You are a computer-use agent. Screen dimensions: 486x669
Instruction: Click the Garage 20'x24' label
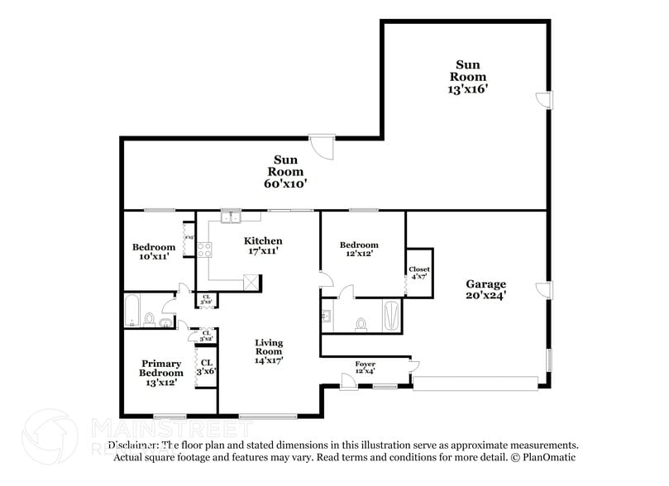tap(485, 288)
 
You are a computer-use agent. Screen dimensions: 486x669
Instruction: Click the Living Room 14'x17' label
tap(268, 351)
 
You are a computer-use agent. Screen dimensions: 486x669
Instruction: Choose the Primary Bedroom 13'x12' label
tap(161, 373)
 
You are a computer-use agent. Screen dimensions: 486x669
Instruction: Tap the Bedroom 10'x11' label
tap(154, 252)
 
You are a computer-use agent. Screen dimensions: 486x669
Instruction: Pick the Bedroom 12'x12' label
tap(360, 249)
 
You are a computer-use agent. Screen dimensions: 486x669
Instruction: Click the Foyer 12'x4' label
tap(365, 368)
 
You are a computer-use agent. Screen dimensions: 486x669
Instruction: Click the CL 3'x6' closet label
tap(207, 367)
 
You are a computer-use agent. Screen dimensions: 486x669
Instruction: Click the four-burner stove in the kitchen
tap(203, 250)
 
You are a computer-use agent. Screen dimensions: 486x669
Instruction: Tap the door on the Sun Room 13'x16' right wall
tap(542, 99)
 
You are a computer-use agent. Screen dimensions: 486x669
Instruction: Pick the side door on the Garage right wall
tap(542, 289)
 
